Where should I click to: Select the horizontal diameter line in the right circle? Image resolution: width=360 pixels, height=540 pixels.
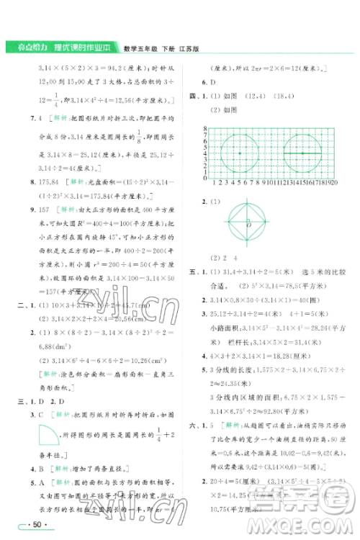click(303, 153)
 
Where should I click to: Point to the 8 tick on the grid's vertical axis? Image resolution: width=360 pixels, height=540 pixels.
click(207, 127)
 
